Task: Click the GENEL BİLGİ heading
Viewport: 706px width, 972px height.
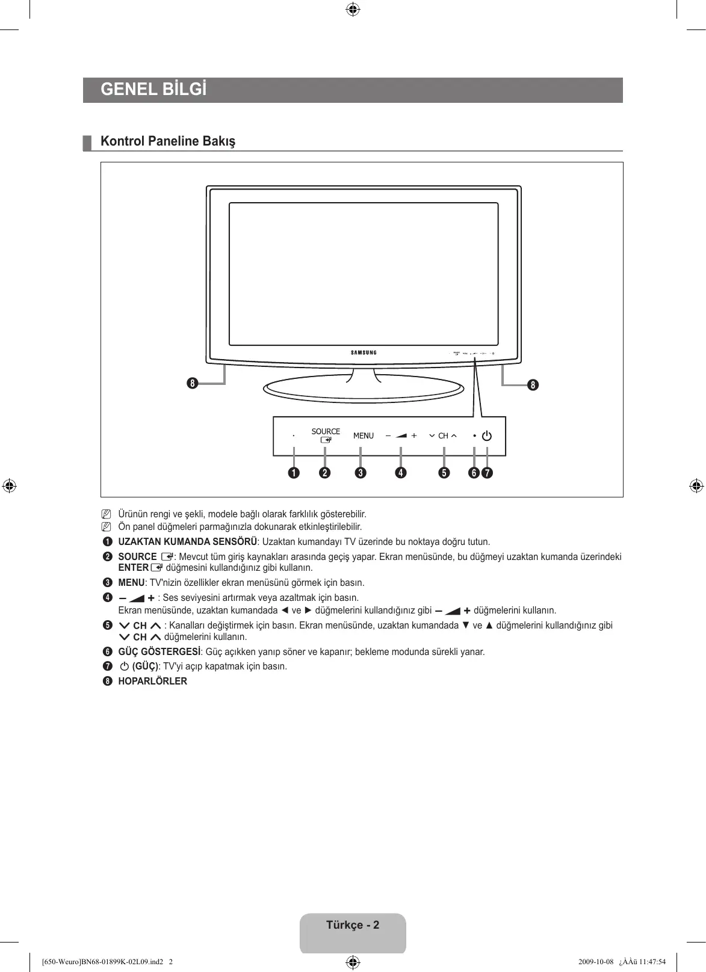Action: pos(153,90)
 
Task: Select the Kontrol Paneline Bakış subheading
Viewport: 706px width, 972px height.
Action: pos(168,141)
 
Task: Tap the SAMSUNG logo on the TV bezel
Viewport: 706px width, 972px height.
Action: pos(364,352)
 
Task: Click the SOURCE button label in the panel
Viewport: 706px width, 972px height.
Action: pos(326,431)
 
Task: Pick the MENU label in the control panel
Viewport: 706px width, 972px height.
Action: pos(364,436)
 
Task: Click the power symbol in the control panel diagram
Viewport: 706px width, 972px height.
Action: pos(486,436)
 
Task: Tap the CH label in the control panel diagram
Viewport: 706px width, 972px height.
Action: pos(443,436)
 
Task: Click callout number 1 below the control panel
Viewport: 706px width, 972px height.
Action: pos(293,473)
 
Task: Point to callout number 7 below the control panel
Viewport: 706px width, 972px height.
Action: pos(486,473)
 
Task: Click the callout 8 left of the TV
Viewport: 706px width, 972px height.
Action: pos(192,383)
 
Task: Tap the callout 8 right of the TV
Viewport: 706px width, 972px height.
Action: pos(533,384)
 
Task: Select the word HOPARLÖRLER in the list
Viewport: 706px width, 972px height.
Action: pos(152,681)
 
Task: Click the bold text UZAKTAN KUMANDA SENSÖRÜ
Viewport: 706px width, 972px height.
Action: pos(188,542)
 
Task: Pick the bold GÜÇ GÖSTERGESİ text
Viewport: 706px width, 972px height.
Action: pos(159,652)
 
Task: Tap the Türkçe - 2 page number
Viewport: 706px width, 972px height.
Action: pos(353,925)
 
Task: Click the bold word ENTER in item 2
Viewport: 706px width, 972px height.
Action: pos(133,568)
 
